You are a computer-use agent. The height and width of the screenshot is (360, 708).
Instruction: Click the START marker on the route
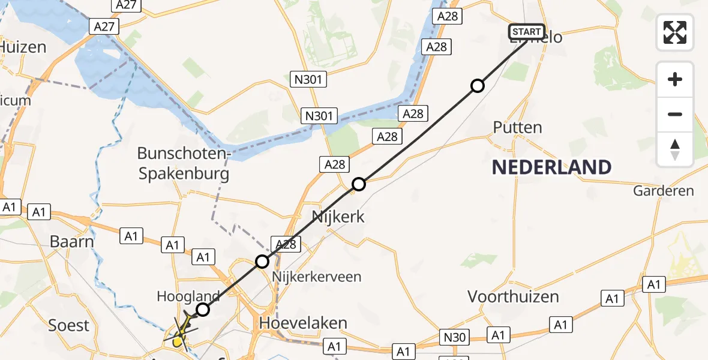point(526,32)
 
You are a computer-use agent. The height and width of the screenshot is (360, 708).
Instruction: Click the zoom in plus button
point(675,80)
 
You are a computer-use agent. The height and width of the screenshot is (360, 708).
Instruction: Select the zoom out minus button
point(675,114)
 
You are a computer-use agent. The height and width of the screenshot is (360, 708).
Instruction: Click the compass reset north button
point(675,149)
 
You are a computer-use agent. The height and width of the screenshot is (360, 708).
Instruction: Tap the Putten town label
point(517,127)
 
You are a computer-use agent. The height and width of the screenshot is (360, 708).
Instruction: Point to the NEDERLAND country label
point(551,167)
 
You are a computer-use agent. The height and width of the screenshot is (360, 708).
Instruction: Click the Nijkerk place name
point(338,216)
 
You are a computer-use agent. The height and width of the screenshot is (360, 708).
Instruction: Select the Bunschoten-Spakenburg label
point(184,164)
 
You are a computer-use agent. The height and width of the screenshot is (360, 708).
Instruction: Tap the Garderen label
point(664,191)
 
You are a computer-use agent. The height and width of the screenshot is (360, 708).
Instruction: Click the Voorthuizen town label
point(513,296)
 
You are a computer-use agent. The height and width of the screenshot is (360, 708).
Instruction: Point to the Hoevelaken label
point(303,323)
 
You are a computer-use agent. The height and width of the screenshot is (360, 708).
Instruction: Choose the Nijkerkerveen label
point(317,277)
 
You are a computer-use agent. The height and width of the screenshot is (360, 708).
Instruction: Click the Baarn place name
point(72,242)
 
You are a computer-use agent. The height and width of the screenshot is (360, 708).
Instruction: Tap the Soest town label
point(68,326)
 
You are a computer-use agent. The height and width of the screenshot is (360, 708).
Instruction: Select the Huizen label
point(23,46)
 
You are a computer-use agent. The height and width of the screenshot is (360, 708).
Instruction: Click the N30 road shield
point(455,337)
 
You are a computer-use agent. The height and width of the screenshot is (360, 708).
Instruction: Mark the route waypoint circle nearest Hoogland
point(203,310)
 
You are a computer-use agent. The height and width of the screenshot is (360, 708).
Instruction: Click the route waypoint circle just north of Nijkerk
point(358,184)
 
